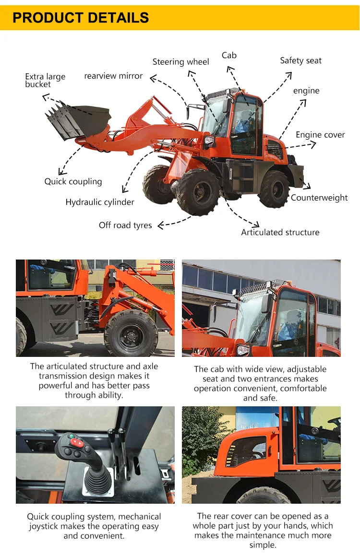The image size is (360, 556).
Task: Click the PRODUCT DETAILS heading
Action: click(x=81, y=18)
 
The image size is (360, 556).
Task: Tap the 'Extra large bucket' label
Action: click(x=45, y=81)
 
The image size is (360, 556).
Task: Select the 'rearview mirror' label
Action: click(x=113, y=76)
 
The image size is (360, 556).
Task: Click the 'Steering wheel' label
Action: click(x=180, y=62)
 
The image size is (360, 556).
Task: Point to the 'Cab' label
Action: click(x=229, y=55)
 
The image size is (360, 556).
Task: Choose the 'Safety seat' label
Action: click(x=301, y=60)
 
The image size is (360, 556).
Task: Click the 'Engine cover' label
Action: click(x=320, y=135)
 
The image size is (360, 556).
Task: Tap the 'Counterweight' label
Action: click(x=319, y=198)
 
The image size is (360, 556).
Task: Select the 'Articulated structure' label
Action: click(x=280, y=232)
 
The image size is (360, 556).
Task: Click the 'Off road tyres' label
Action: click(x=125, y=225)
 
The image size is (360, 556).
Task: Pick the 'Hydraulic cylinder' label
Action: click(x=100, y=202)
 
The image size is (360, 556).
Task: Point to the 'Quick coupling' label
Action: click(x=73, y=182)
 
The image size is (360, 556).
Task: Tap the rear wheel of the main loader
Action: click(x=274, y=189)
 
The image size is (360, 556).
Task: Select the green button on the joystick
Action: click(x=72, y=437)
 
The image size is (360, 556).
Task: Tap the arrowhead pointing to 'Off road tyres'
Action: click(x=161, y=225)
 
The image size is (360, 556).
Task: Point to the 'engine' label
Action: click(x=306, y=91)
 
